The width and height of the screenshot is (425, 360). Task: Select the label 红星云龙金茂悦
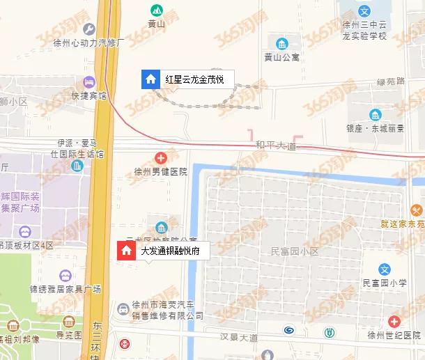click(194, 79)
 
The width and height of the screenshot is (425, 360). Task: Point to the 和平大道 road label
click(276, 146)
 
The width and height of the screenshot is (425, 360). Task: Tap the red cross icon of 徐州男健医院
click(161, 158)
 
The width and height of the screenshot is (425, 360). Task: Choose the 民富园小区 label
click(295, 249)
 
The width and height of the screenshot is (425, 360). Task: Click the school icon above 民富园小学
click(384, 269)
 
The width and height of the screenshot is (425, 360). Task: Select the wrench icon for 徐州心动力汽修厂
click(88, 29)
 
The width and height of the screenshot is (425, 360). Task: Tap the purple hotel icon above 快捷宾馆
click(88, 83)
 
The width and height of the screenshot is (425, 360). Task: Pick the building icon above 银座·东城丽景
click(375, 115)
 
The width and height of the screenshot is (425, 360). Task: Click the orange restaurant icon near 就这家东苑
click(417, 210)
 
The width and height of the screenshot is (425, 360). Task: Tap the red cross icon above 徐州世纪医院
click(394, 322)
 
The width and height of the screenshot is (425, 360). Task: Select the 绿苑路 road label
click(390, 81)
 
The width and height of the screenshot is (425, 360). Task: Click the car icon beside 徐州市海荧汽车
click(123, 306)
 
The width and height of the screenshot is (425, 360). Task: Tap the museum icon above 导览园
click(68, 322)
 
